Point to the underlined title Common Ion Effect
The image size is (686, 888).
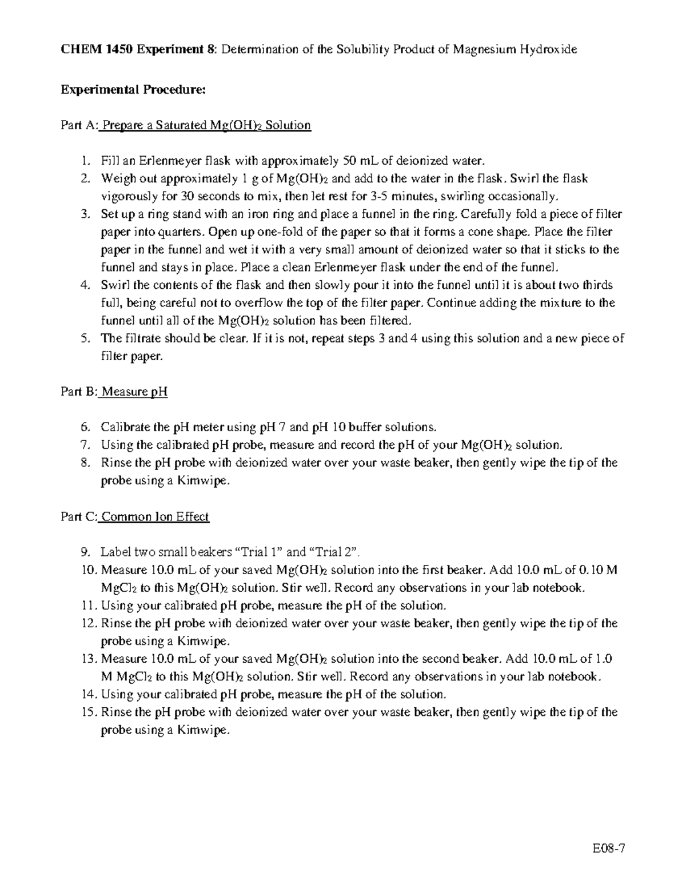(x=155, y=517)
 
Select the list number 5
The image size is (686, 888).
(x=85, y=339)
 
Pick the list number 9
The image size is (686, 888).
(x=85, y=552)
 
